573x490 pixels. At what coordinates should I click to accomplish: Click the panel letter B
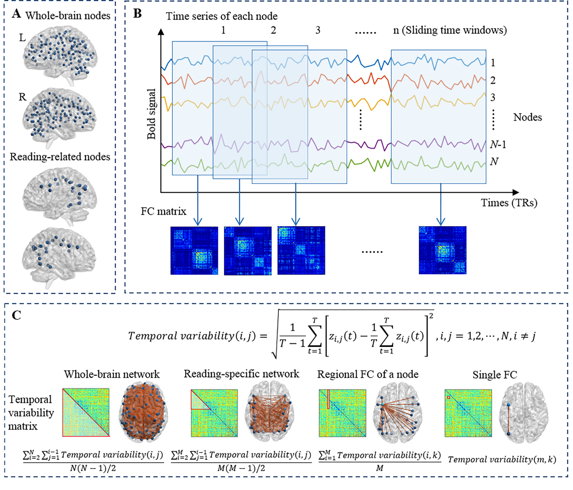(x=137, y=14)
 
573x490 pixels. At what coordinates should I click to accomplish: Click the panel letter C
(x=17, y=315)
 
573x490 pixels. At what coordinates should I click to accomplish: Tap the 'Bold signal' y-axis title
(x=151, y=114)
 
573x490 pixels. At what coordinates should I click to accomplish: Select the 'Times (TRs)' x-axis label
(x=509, y=203)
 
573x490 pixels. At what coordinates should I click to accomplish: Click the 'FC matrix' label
(x=163, y=211)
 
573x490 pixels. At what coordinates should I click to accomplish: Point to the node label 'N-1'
(x=498, y=145)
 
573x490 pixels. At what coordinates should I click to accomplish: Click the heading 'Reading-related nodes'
(x=60, y=157)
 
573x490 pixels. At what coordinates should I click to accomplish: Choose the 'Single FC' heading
(x=494, y=375)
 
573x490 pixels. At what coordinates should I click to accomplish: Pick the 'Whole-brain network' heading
(x=112, y=374)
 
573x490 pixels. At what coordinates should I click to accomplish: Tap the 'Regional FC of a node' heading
(x=367, y=374)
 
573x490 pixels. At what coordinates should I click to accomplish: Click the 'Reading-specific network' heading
(x=241, y=374)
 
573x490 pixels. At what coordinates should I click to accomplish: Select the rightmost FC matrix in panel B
(x=442, y=250)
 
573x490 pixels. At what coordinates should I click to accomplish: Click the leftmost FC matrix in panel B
(x=194, y=250)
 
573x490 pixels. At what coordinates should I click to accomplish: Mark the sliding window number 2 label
(x=273, y=30)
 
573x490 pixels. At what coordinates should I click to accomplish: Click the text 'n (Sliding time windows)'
(x=450, y=30)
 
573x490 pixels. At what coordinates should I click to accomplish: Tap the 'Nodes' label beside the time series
(x=527, y=117)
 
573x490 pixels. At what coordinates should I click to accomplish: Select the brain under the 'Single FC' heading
(x=524, y=414)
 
